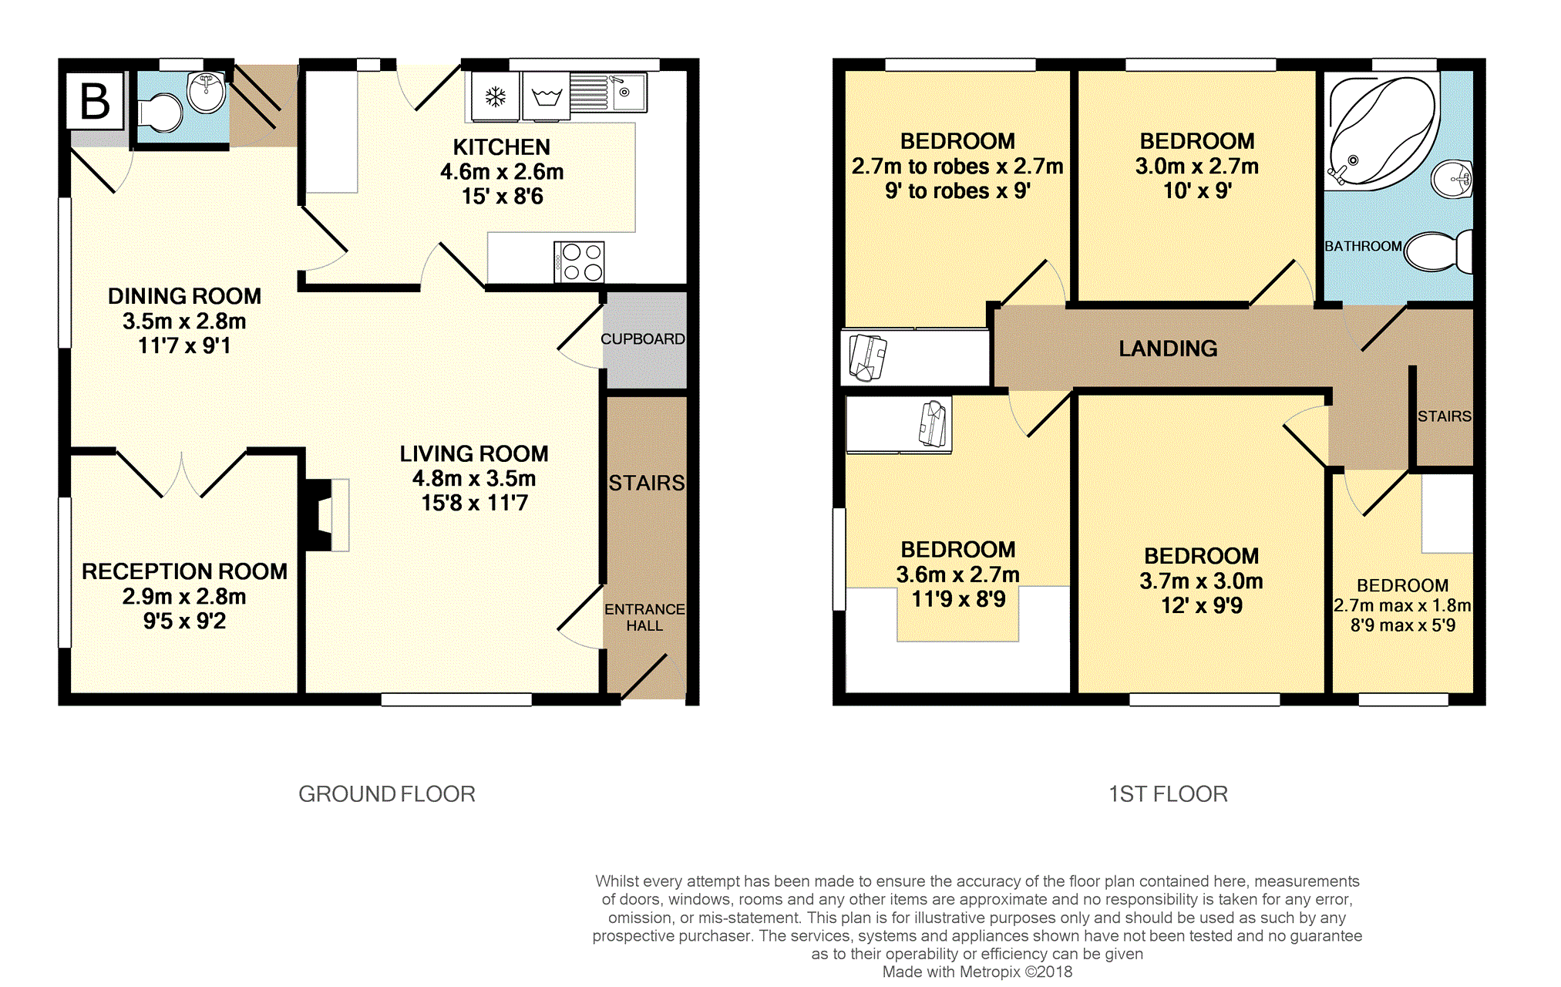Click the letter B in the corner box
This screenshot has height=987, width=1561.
coord(95,101)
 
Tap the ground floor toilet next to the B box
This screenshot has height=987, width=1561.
coord(160,113)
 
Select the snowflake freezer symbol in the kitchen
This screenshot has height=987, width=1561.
coord(495,97)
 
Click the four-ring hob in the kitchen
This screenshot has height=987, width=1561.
coord(579,262)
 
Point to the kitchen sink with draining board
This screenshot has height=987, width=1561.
coord(608,93)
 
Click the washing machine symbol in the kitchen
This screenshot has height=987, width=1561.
coord(546,96)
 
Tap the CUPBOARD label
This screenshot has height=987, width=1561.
coord(643,339)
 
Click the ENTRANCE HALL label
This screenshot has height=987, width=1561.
coord(644,618)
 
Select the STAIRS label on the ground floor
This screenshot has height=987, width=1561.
coord(647,483)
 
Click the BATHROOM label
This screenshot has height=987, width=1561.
coord(1363,247)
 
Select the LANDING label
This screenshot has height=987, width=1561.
coord(1168,349)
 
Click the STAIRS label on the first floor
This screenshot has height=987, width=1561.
coord(1445,416)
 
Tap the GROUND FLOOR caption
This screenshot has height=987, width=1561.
coord(387,794)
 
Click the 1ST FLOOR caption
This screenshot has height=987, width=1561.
coord(1168,794)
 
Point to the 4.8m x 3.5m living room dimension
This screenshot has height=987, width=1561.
coord(474,479)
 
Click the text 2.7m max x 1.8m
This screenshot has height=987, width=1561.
coord(1402,606)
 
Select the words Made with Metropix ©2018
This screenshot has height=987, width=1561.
coord(977,972)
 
